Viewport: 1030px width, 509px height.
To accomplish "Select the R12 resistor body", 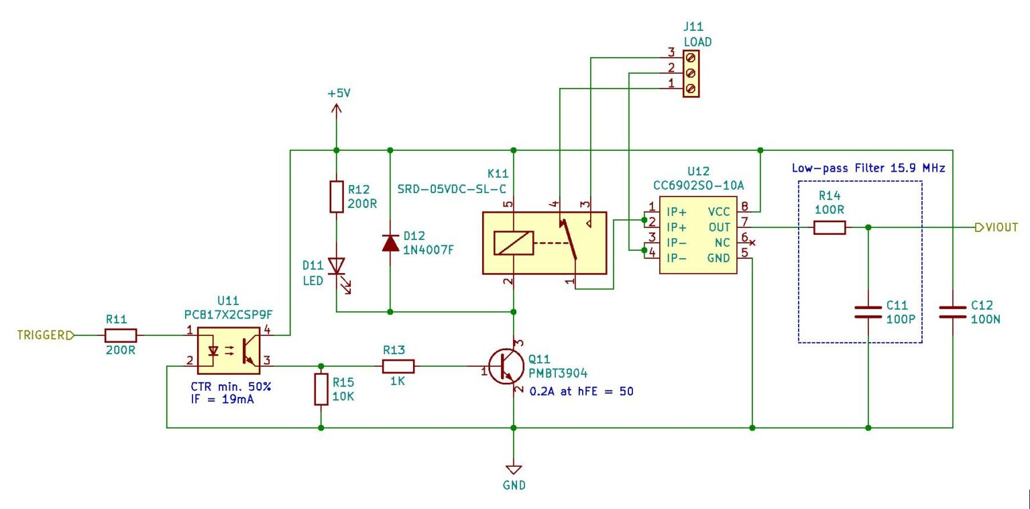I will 337,196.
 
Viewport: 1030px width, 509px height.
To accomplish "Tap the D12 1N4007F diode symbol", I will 390,242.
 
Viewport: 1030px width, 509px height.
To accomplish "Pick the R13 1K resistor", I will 398,366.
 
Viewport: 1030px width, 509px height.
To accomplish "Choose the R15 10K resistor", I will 321,390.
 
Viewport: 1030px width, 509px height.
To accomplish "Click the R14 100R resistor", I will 829,228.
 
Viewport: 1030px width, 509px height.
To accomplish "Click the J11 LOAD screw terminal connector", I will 691,72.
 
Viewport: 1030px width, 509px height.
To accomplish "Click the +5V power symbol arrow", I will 337,109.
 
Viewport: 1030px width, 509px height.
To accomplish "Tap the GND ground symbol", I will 514,469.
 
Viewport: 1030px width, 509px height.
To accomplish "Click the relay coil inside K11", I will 513,243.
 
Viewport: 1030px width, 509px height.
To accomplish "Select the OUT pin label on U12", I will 719,227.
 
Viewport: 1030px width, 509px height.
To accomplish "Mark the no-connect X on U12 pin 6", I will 752,243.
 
